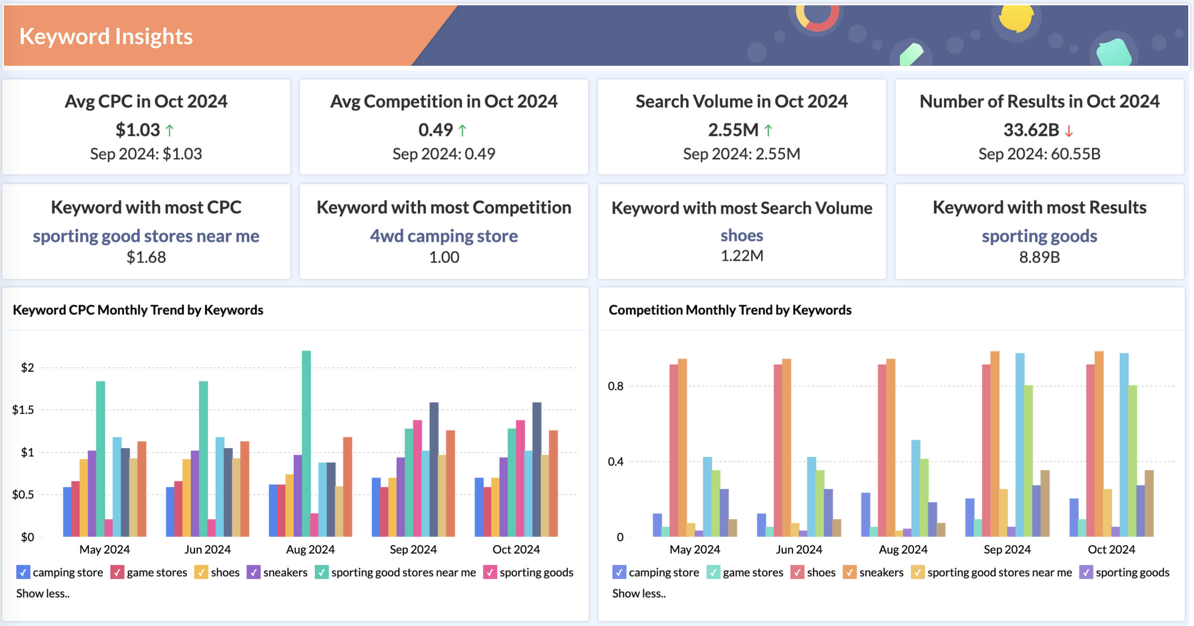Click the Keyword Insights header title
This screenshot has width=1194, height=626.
point(106,36)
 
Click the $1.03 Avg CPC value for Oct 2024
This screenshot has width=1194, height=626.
point(138,130)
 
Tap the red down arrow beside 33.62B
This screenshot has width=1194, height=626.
point(1069,131)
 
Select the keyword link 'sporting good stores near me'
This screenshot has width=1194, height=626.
point(146,236)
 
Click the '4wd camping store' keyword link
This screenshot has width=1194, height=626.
point(444,236)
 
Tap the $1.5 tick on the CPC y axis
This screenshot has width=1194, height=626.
point(23,410)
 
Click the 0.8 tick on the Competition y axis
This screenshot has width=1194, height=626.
point(616,386)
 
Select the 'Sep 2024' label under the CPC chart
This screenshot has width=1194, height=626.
point(413,550)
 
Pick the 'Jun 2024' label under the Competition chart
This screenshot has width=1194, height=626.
point(799,550)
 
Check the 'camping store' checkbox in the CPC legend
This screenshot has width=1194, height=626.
point(23,572)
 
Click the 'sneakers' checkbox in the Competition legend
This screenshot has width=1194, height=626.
point(849,572)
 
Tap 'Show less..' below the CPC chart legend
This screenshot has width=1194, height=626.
point(43,594)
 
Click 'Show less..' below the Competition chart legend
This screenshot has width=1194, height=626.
point(639,594)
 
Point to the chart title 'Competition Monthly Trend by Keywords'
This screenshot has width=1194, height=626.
point(729,309)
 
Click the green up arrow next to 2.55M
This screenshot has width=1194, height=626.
point(768,131)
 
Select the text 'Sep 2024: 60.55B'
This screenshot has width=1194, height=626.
point(1039,154)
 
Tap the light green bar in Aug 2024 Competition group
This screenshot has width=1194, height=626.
point(924,498)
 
